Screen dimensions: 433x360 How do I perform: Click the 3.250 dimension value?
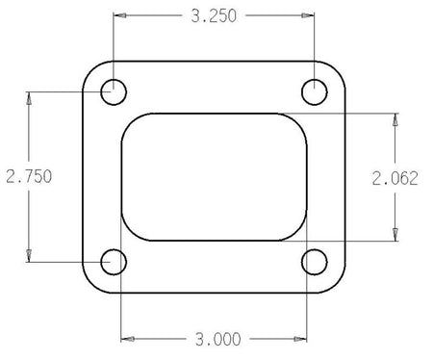214,16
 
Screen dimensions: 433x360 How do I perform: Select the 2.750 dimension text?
29,176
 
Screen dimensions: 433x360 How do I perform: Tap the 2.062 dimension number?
395,178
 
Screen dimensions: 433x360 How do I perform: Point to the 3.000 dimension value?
218,339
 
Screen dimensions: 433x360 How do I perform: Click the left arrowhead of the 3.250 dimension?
119,15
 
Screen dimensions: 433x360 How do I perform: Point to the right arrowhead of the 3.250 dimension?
308,15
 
